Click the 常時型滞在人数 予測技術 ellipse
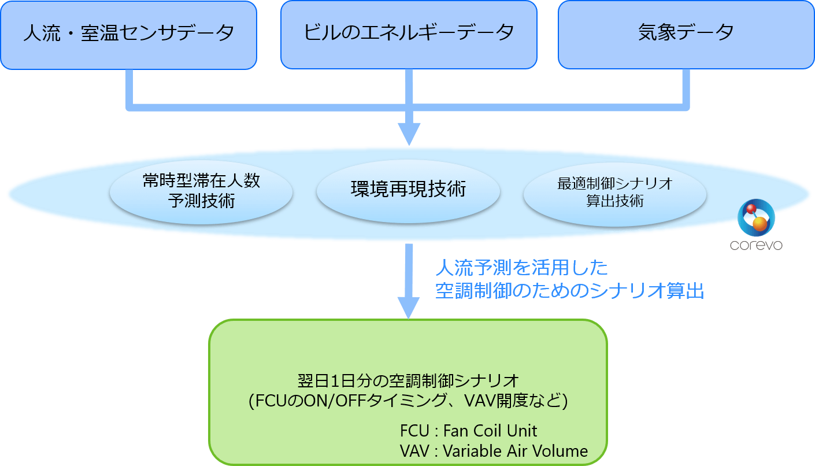click(201, 191)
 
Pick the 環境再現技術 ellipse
click(408, 190)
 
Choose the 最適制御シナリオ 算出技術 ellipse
click(614, 193)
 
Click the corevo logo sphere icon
click(755, 217)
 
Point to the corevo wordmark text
click(755, 246)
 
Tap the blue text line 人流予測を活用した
click(522, 268)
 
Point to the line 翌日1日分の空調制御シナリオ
click(407, 381)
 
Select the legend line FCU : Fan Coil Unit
click(468, 431)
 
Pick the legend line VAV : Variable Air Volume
click(494, 451)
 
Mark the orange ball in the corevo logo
click(760, 224)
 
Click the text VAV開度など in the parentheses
click(514, 401)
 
